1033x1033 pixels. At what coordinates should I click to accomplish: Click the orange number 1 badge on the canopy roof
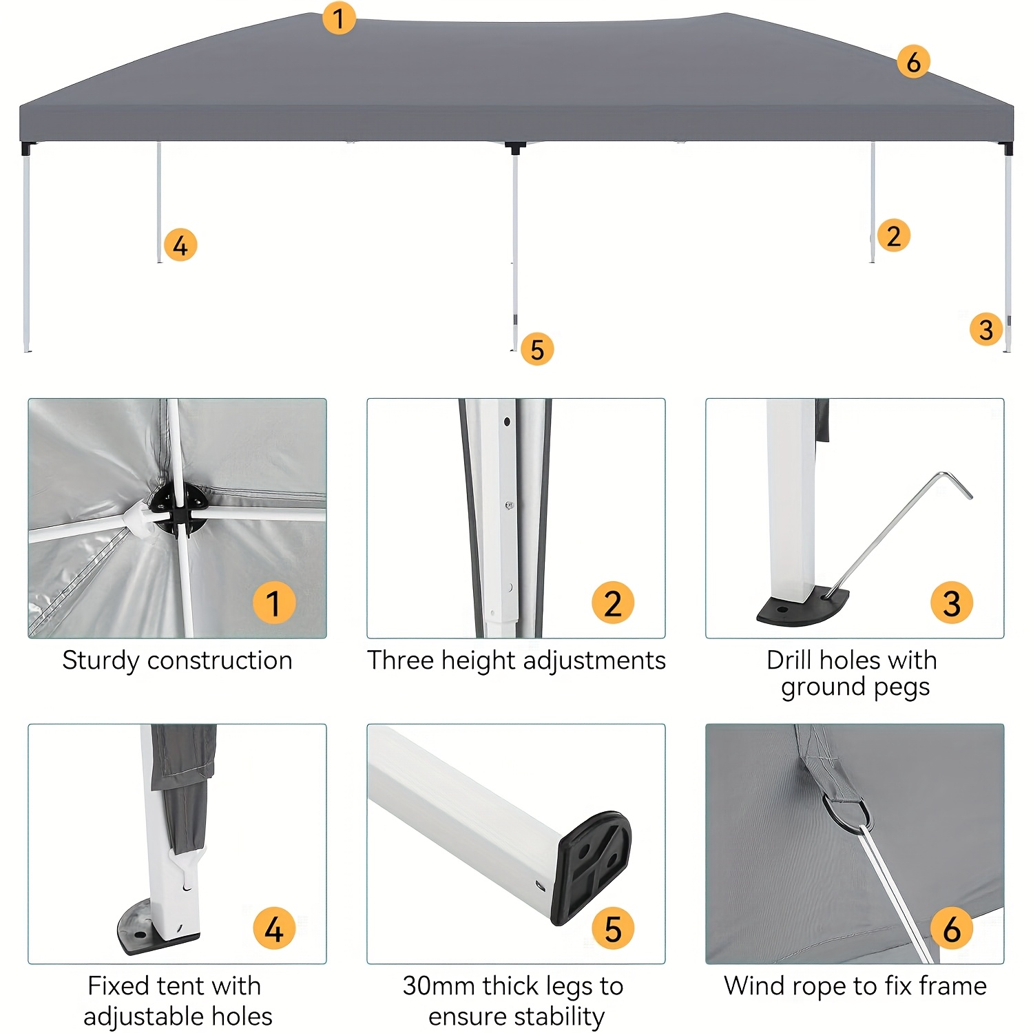tap(339, 18)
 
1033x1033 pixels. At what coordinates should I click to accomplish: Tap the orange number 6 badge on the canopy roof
tap(914, 61)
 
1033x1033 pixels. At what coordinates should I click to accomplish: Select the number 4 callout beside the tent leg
tap(180, 245)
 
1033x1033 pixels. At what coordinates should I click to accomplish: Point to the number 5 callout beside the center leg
tap(537, 348)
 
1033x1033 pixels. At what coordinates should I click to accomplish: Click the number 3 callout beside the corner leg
tap(986, 329)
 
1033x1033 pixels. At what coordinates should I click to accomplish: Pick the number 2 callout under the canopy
tap(894, 236)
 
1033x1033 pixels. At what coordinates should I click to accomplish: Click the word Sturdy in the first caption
tap(101, 661)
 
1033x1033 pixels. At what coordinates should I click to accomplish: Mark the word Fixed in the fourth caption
tap(118, 985)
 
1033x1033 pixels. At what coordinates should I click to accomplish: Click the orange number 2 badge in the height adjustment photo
tap(613, 603)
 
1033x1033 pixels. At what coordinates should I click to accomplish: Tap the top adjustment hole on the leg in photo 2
tap(507, 421)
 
